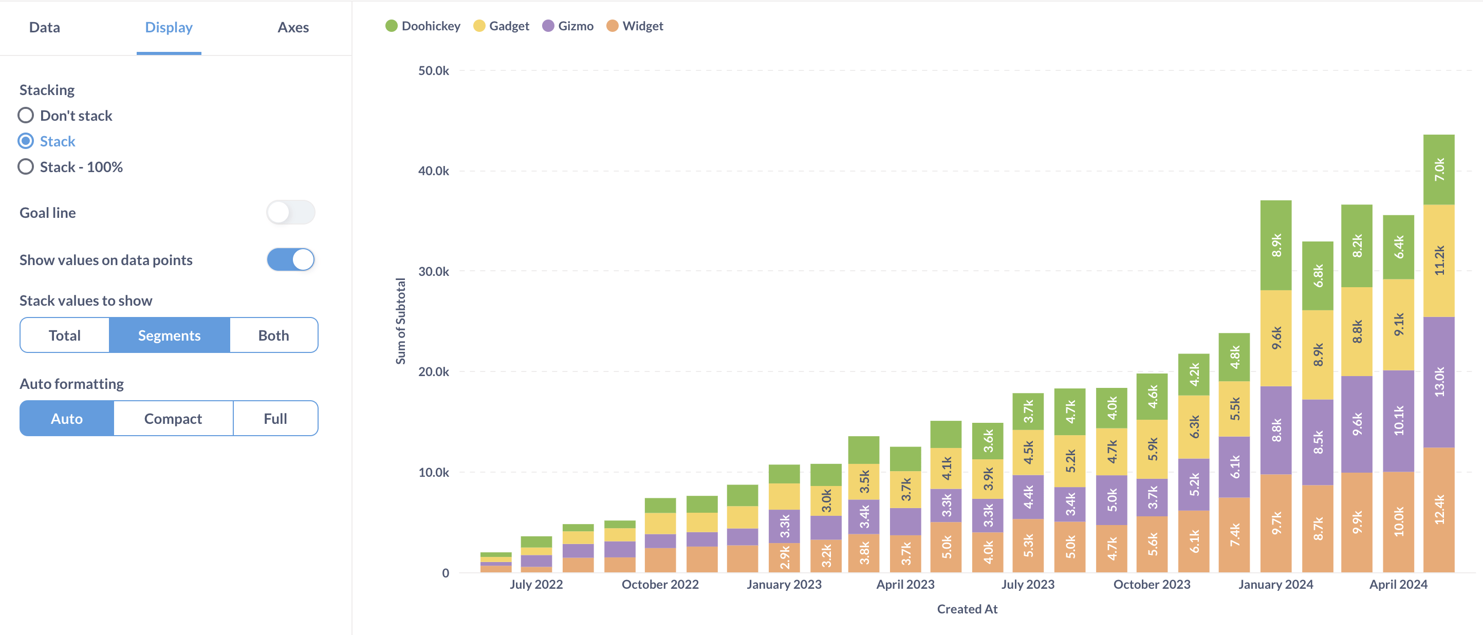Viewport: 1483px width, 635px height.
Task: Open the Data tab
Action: pos(44,27)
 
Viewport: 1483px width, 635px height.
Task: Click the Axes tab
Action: pos(293,27)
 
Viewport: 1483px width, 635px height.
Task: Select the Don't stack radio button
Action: pos(26,116)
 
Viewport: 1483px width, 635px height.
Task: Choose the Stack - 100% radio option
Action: pos(26,167)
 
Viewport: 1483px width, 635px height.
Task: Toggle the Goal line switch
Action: pos(290,212)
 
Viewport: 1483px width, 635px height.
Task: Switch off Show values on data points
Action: pos(290,259)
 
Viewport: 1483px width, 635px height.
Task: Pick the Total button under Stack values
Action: pos(64,335)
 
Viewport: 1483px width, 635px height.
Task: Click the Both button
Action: pos(273,335)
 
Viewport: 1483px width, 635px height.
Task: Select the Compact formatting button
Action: pos(173,419)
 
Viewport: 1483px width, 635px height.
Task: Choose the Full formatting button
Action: pos(275,419)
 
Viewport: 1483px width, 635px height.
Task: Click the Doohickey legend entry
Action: pos(423,26)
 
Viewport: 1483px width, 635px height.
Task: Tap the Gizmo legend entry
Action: pos(568,26)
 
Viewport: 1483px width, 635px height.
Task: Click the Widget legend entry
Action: pos(635,26)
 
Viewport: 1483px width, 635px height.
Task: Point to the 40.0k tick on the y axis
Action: pos(434,171)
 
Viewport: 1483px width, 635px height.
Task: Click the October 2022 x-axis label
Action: pos(660,584)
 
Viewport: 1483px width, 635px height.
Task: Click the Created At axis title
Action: pos(967,609)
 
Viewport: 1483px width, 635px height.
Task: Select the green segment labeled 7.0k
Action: pos(1439,170)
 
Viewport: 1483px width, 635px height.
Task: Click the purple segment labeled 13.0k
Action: pos(1439,382)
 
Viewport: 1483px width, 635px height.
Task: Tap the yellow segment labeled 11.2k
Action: pos(1439,260)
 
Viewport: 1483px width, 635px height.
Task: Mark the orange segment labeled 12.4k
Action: pos(1439,510)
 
